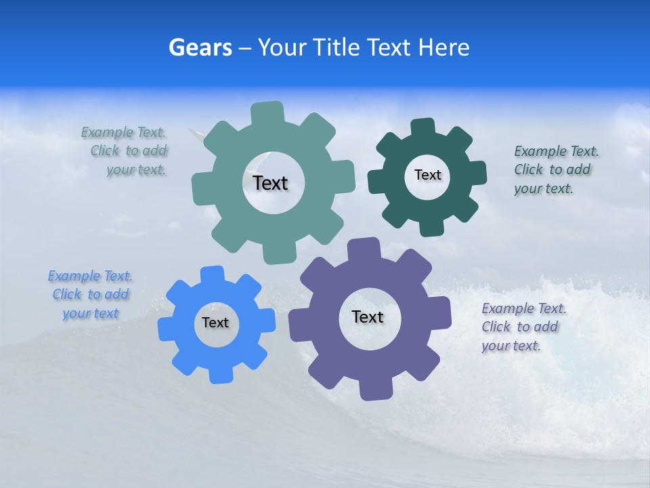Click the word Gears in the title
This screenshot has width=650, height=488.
tap(200, 48)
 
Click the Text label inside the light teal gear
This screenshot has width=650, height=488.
tap(270, 183)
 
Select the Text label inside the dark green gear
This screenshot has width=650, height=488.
tap(427, 175)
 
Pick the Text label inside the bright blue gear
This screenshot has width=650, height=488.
tap(215, 323)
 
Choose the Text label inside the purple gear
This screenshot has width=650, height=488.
tap(368, 317)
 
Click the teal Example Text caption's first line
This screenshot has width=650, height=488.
tap(123, 132)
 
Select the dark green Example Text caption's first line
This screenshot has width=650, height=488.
tap(556, 151)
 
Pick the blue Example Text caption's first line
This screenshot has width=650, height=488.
tap(90, 276)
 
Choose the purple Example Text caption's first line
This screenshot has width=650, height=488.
tap(523, 308)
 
